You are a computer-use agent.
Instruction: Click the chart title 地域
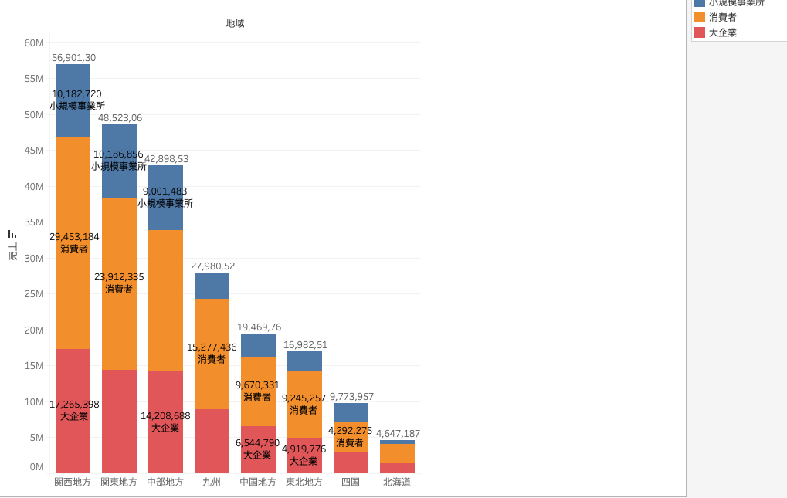pos(235,23)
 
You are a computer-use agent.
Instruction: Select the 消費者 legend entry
pos(722,17)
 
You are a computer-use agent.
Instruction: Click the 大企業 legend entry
pos(722,32)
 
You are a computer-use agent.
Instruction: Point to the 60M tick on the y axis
pos(34,43)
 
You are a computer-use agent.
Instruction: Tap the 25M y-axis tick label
pos(34,294)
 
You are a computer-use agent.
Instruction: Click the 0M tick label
pos(36,466)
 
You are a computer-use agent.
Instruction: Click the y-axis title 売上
pos(12,251)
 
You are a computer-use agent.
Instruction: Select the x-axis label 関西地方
pos(73,482)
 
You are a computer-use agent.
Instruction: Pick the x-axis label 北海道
pos(397,482)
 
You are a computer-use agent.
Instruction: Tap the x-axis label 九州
pos(212,482)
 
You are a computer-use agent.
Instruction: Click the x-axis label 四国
pos(351,482)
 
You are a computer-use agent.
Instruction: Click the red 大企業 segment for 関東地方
pos(119,421)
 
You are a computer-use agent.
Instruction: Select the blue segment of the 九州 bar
pos(212,286)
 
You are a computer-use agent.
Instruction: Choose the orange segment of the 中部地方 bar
pos(165,300)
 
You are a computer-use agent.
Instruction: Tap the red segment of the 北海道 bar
pos(397,468)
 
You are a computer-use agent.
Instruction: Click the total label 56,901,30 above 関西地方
pos(73,58)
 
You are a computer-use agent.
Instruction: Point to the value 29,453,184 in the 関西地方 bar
pos(74,237)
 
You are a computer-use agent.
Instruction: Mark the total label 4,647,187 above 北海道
pos(398,434)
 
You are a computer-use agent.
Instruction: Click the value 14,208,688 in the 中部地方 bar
pos(165,416)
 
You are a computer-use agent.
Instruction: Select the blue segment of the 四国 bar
pos(351,412)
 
